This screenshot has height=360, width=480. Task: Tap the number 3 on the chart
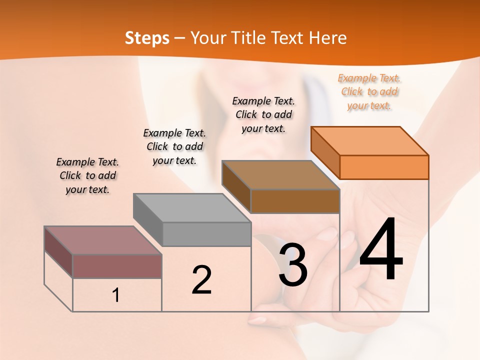point(293,265)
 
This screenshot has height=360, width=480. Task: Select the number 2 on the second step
point(201,280)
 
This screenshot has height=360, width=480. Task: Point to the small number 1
point(116,295)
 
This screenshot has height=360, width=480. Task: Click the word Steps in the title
point(147,38)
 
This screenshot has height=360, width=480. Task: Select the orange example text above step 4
point(369,91)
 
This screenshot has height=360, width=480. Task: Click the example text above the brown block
point(263,114)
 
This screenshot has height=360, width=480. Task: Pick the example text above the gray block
point(174,146)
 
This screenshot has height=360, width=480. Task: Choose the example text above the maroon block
point(87,175)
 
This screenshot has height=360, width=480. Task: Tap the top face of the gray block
point(192,207)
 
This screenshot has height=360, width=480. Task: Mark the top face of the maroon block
point(103,240)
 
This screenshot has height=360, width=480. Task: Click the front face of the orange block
point(384,167)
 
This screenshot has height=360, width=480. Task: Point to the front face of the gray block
point(206,234)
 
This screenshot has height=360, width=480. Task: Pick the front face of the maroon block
point(117,266)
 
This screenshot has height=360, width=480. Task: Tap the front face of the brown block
point(295,201)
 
